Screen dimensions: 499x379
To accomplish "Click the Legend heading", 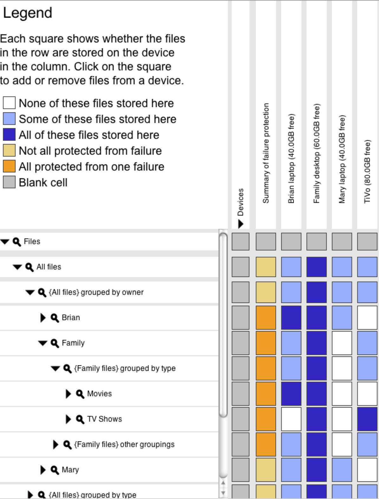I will click(x=27, y=13).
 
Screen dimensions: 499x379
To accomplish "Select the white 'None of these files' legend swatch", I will click(x=9, y=103).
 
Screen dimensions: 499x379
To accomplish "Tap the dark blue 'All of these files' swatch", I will click(x=9, y=135).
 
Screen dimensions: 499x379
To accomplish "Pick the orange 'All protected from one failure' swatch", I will click(x=9, y=166).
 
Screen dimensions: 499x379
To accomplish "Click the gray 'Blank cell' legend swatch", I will click(x=9, y=182).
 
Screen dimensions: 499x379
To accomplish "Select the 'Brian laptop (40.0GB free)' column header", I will click(x=291, y=159).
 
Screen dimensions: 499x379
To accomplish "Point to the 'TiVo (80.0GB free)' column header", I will click(x=367, y=171).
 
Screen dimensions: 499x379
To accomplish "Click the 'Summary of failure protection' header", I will click(x=266, y=153).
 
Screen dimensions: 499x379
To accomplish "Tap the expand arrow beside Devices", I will click(x=241, y=224).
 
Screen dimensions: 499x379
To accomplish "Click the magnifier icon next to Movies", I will click(x=80, y=394).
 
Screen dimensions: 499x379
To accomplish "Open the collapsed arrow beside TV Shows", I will click(x=68, y=419).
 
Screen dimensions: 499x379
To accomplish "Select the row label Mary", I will click(x=70, y=470).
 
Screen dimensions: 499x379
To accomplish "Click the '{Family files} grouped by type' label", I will click(x=125, y=368).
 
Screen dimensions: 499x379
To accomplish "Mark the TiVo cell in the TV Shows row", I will click(x=367, y=419).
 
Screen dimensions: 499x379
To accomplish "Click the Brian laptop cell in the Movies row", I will click(x=291, y=394).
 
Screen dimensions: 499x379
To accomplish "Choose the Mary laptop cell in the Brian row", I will click(x=342, y=318).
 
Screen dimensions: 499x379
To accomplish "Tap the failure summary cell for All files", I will click(x=266, y=267).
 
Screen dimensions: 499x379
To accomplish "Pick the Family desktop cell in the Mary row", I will click(x=317, y=470).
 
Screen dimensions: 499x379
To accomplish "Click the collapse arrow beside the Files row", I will click(x=5, y=242).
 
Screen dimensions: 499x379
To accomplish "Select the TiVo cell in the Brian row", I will click(x=367, y=318).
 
